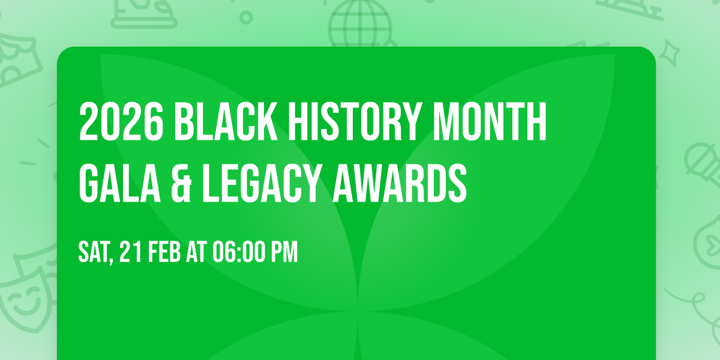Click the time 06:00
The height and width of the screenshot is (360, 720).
coord(241,253)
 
